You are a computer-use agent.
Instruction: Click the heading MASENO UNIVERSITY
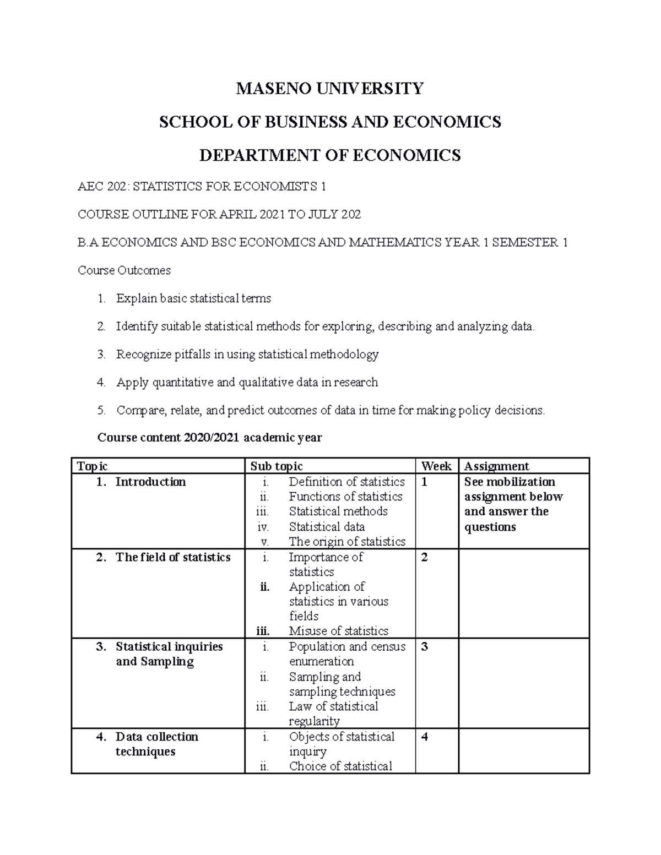[x=330, y=88]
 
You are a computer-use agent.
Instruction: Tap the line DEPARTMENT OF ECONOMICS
[x=330, y=156]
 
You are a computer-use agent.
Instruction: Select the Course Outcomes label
[x=124, y=270]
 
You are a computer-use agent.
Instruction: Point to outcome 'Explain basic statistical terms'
[x=193, y=298]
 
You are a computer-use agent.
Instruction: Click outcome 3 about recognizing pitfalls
[x=247, y=354]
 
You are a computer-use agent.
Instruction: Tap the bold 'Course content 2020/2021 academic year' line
[x=209, y=438]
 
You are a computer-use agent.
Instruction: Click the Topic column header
[x=93, y=466]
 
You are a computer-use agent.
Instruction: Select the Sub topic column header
[x=277, y=466]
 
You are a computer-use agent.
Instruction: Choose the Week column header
[x=436, y=466]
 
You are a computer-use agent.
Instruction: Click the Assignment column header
[x=496, y=466]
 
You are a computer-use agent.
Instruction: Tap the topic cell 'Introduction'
[x=150, y=482]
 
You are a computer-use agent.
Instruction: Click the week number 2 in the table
[x=424, y=558]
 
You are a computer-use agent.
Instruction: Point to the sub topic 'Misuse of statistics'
[x=338, y=631]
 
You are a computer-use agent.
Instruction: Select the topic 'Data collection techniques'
[x=156, y=744]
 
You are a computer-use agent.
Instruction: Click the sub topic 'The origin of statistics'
[x=347, y=542]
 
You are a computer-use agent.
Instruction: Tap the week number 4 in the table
[x=424, y=737]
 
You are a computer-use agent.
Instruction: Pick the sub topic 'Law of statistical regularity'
[x=333, y=714]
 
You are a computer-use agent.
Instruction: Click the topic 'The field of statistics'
[x=172, y=557]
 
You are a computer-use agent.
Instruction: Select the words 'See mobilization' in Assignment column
[x=510, y=482]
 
